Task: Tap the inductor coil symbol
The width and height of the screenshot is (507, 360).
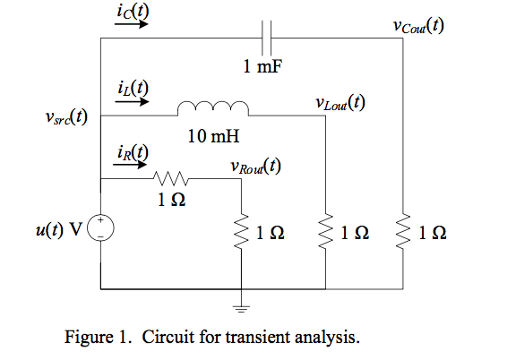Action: pyautogui.click(x=213, y=108)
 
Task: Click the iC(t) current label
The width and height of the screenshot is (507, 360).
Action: pyautogui.click(x=132, y=10)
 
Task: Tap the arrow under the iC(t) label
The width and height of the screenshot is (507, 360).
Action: pyautogui.click(x=132, y=25)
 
